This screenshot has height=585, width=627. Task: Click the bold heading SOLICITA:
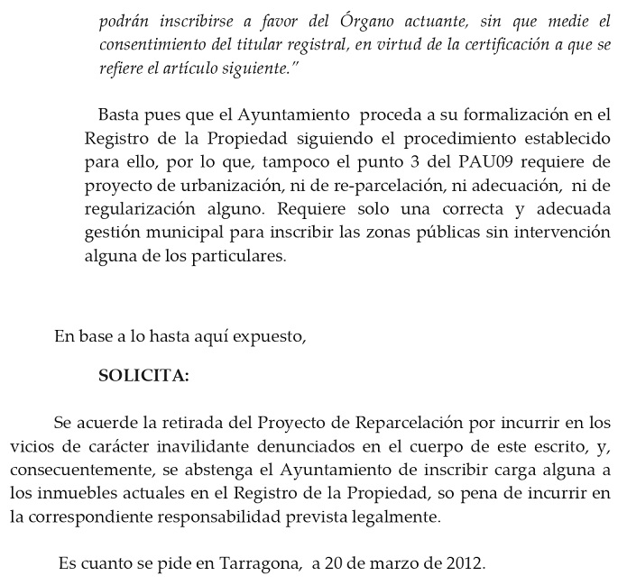coord(143,376)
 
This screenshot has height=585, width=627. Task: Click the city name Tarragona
coord(256,564)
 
